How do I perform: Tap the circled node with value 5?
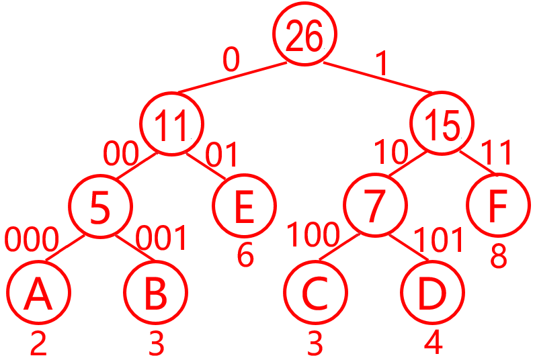coord(101,208)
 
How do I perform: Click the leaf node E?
coord(245,206)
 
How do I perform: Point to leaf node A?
coord(38,293)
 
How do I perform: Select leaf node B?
coord(156,293)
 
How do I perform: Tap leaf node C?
coord(315,293)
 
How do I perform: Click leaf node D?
coord(432,293)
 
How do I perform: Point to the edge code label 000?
coord(32,238)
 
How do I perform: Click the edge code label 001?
coord(161,238)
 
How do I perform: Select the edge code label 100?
coord(313,235)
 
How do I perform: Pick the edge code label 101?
coord(438,239)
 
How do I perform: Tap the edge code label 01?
coord(222,154)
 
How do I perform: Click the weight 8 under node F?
coord(498,256)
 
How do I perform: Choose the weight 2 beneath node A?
coord(38,344)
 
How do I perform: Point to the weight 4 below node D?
coord(434,343)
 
